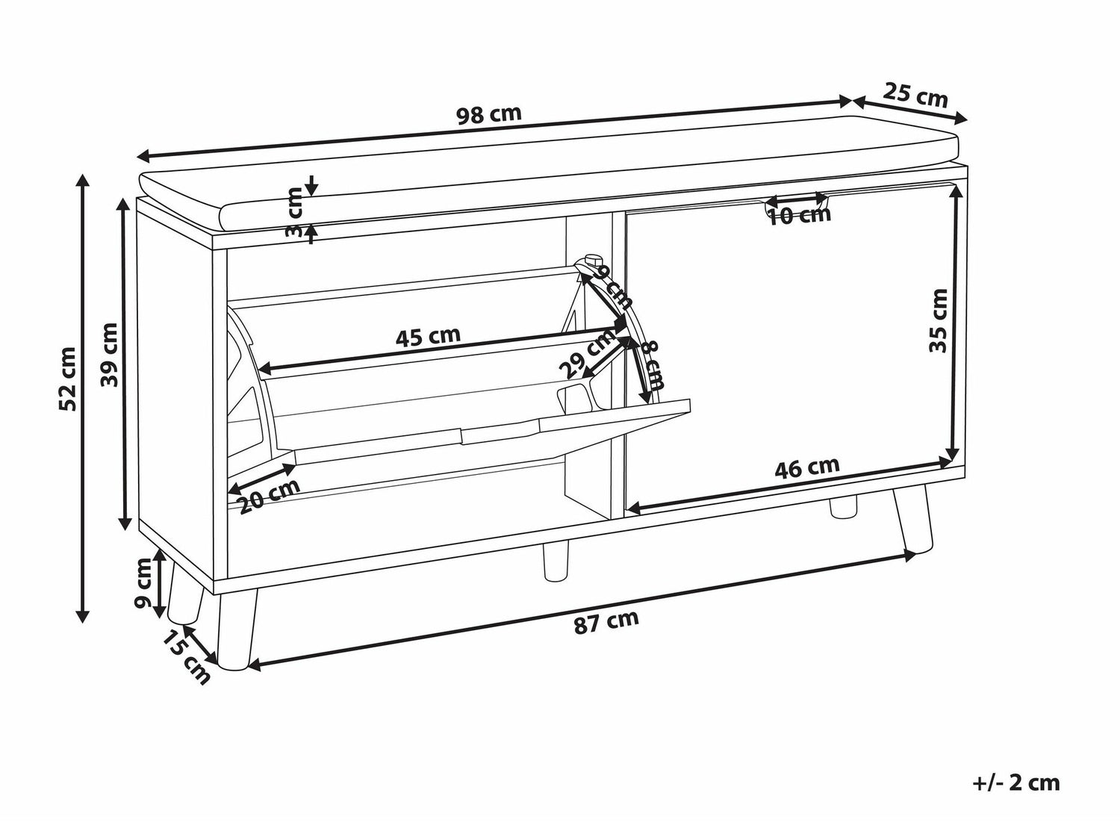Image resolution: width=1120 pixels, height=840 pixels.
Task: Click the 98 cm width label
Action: (489, 115)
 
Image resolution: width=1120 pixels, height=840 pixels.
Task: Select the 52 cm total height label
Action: (67, 379)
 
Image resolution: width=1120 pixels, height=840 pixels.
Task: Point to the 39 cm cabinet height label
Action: (109, 355)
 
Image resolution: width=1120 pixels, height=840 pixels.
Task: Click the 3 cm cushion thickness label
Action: (294, 213)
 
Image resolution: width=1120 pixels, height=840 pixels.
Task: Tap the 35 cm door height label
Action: (938, 320)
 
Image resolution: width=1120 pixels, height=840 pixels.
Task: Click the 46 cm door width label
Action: (806, 467)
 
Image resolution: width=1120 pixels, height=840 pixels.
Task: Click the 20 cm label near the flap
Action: (270, 496)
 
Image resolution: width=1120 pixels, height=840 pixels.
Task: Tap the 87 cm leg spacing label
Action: (606, 622)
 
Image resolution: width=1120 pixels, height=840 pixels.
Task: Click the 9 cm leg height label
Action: (143, 583)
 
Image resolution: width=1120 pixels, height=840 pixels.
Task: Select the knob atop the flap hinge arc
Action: (592, 259)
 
